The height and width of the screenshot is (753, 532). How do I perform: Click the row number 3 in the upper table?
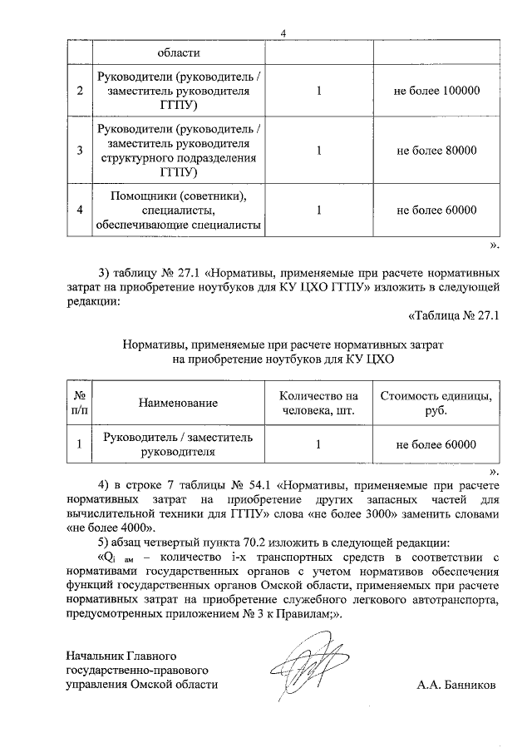[79, 151]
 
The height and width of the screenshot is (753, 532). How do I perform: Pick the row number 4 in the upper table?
[79, 211]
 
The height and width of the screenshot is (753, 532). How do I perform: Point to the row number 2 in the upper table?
[79, 90]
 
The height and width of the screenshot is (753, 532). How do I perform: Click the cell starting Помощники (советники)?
[179, 211]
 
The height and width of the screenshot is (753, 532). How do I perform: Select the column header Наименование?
[179, 403]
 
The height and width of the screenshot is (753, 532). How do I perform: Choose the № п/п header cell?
[79, 403]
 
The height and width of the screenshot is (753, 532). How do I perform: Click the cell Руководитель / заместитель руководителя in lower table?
[179, 444]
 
